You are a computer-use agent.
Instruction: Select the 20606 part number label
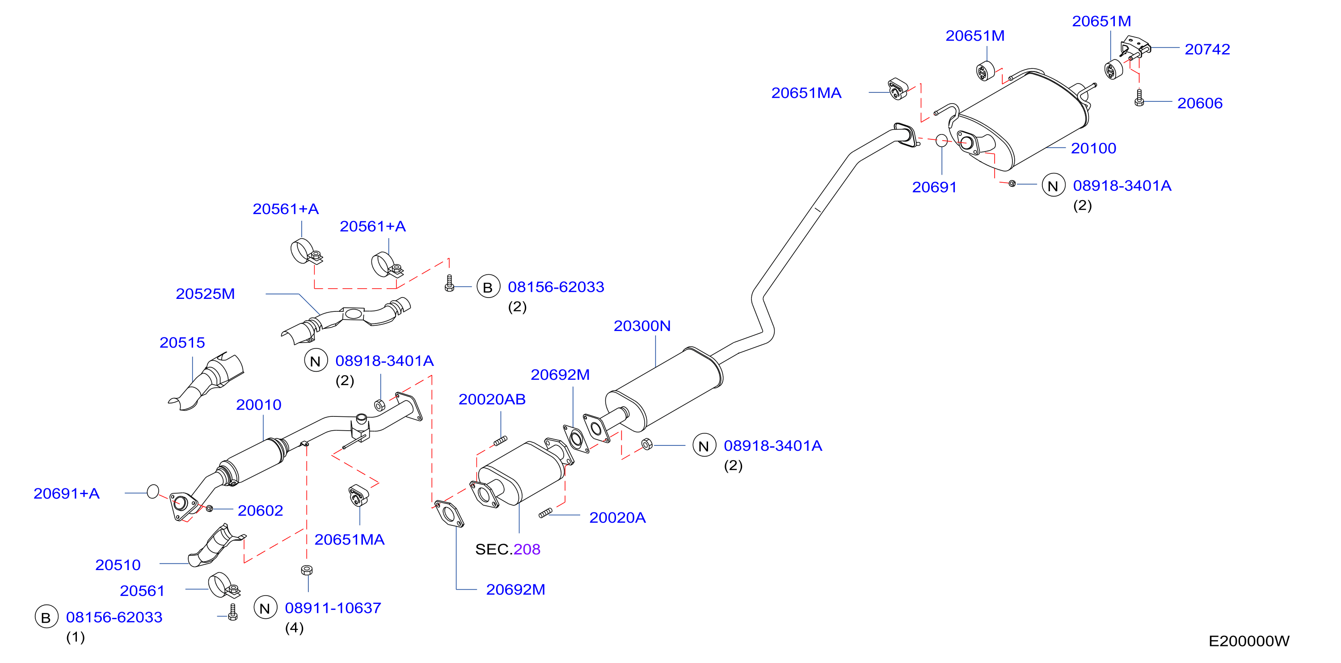[x=1199, y=103]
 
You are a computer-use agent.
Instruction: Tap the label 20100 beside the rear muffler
[x=1093, y=148]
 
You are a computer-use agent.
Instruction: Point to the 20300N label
[x=642, y=326]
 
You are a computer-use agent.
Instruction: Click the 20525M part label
[x=205, y=294]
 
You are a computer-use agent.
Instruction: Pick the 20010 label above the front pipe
[x=258, y=404]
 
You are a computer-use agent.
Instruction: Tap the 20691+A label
[x=66, y=493]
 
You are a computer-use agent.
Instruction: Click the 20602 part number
[x=260, y=511]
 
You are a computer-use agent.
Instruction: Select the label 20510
[x=118, y=565]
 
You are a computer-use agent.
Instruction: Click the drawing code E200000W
[x=1248, y=641]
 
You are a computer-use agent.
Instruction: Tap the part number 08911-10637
[x=333, y=608]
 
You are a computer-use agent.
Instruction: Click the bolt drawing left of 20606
[x=1139, y=98]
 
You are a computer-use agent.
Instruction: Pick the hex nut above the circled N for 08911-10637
[x=307, y=570]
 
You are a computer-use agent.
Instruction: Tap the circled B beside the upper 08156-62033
[x=488, y=287]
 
